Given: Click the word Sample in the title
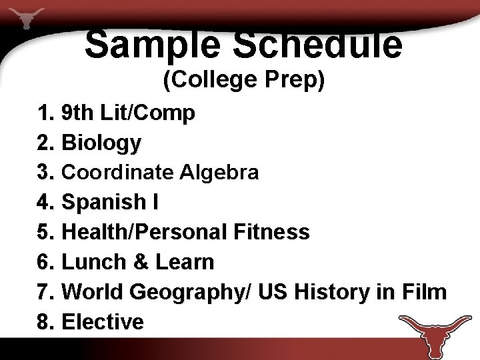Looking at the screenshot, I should point(152,44).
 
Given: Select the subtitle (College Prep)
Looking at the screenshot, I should point(244,80).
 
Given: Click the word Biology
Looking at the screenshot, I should point(101,143).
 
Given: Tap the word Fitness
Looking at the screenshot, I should point(272,232).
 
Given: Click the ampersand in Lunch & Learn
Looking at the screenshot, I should point(141,262).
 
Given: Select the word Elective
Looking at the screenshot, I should point(103,322).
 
